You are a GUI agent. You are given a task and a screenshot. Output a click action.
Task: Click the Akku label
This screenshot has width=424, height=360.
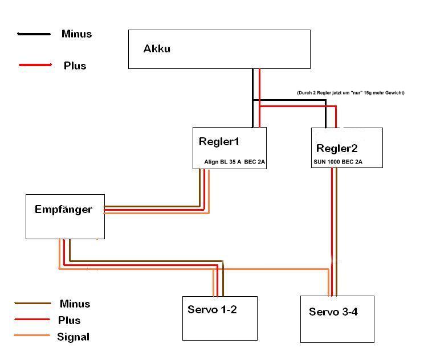click(157, 48)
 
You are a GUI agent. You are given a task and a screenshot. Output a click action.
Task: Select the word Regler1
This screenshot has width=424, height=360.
click(219, 142)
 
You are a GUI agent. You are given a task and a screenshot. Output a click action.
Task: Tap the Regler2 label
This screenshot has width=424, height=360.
click(337, 148)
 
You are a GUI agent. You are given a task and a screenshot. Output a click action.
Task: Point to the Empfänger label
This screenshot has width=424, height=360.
click(63, 209)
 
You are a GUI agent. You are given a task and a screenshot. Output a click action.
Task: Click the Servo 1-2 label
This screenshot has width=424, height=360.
click(213, 310)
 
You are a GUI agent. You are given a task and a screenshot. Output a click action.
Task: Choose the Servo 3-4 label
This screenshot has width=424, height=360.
click(333, 312)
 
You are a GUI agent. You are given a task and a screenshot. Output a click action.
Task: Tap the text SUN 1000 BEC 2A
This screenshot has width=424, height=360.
click(338, 162)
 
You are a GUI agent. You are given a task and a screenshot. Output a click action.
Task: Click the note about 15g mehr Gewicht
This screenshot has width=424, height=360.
click(350, 92)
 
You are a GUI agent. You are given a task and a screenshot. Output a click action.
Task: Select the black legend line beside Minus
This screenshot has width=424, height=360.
click(34, 34)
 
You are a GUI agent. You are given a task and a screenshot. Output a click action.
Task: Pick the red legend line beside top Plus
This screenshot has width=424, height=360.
click(35, 65)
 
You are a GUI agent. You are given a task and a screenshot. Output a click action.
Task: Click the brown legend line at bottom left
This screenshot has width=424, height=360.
click(32, 304)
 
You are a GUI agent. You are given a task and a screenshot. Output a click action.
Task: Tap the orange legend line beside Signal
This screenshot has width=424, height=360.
click(32, 336)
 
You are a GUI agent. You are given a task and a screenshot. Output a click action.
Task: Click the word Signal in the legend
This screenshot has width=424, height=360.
click(73, 337)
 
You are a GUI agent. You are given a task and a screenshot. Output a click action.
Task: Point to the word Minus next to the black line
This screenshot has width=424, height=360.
click(76, 34)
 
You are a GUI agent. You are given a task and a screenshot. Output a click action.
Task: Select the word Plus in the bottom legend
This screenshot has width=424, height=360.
click(69, 320)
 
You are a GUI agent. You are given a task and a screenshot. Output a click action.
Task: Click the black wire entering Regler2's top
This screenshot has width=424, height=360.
click(326, 117)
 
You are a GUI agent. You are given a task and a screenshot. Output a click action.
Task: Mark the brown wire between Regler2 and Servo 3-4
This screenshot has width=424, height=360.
click(336, 228)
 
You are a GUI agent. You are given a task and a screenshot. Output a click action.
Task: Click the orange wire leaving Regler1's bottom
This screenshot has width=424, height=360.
click(209, 188)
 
